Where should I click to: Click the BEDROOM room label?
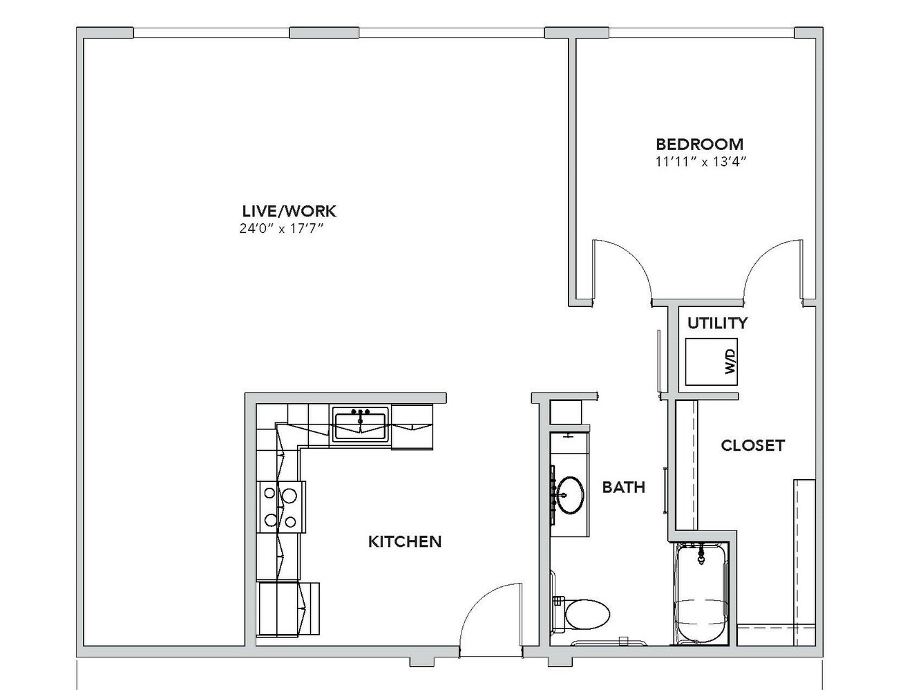(x=699, y=144)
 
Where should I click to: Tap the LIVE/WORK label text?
(x=289, y=211)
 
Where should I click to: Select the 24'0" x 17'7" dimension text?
(x=282, y=228)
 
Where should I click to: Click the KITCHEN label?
(x=405, y=542)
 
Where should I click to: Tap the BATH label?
(x=624, y=487)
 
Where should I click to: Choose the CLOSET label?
(x=752, y=445)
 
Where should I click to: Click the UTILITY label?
(x=718, y=323)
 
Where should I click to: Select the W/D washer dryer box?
(x=712, y=362)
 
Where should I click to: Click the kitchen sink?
(x=360, y=424)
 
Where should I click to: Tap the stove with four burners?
(x=280, y=507)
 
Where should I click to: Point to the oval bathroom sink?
(x=570, y=495)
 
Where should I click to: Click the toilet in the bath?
(x=582, y=613)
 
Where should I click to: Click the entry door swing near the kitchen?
(x=490, y=619)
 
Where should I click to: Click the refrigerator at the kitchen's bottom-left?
(x=287, y=609)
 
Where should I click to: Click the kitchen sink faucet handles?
(x=361, y=412)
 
